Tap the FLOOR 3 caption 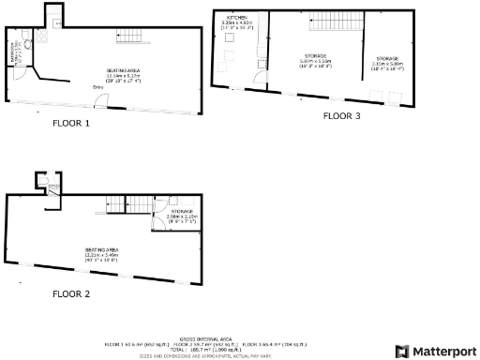(x=341, y=116)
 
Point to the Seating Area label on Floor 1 (x=123, y=72)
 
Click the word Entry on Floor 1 (x=98, y=87)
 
